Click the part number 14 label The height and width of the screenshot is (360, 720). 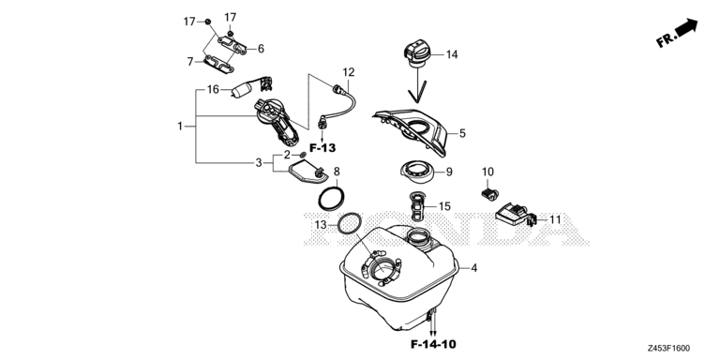[x=452, y=55]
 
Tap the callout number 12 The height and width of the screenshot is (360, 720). [x=349, y=72]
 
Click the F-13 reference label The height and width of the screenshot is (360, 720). [x=322, y=148]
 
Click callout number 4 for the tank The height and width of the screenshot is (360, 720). [x=474, y=269]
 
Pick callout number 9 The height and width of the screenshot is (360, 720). [x=448, y=172]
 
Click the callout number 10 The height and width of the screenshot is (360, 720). [x=487, y=172]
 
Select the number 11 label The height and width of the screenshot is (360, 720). [x=554, y=219]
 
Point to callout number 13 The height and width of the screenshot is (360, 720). [x=321, y=225]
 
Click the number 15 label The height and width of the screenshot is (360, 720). [x=444, y=206]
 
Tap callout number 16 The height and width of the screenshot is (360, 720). [x=213, y=90]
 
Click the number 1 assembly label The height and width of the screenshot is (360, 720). [x=180, y=126]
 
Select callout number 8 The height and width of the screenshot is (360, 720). [x=337, y=172]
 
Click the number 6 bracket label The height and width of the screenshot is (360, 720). [x=260, y=49]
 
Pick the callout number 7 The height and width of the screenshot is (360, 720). [x=189, y=62]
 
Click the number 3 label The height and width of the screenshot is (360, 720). [x=258, y=163]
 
